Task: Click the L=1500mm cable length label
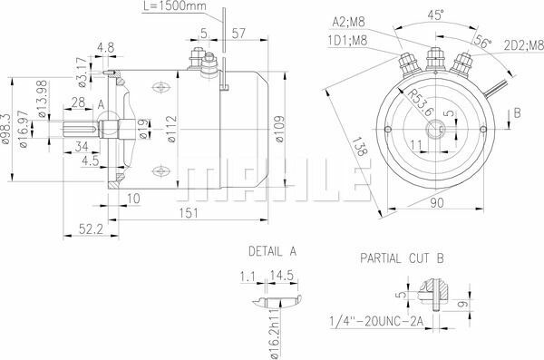pos(174,7)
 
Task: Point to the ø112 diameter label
pos(170,137)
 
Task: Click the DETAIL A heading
pos(272,248)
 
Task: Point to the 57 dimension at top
pos(238,34)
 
